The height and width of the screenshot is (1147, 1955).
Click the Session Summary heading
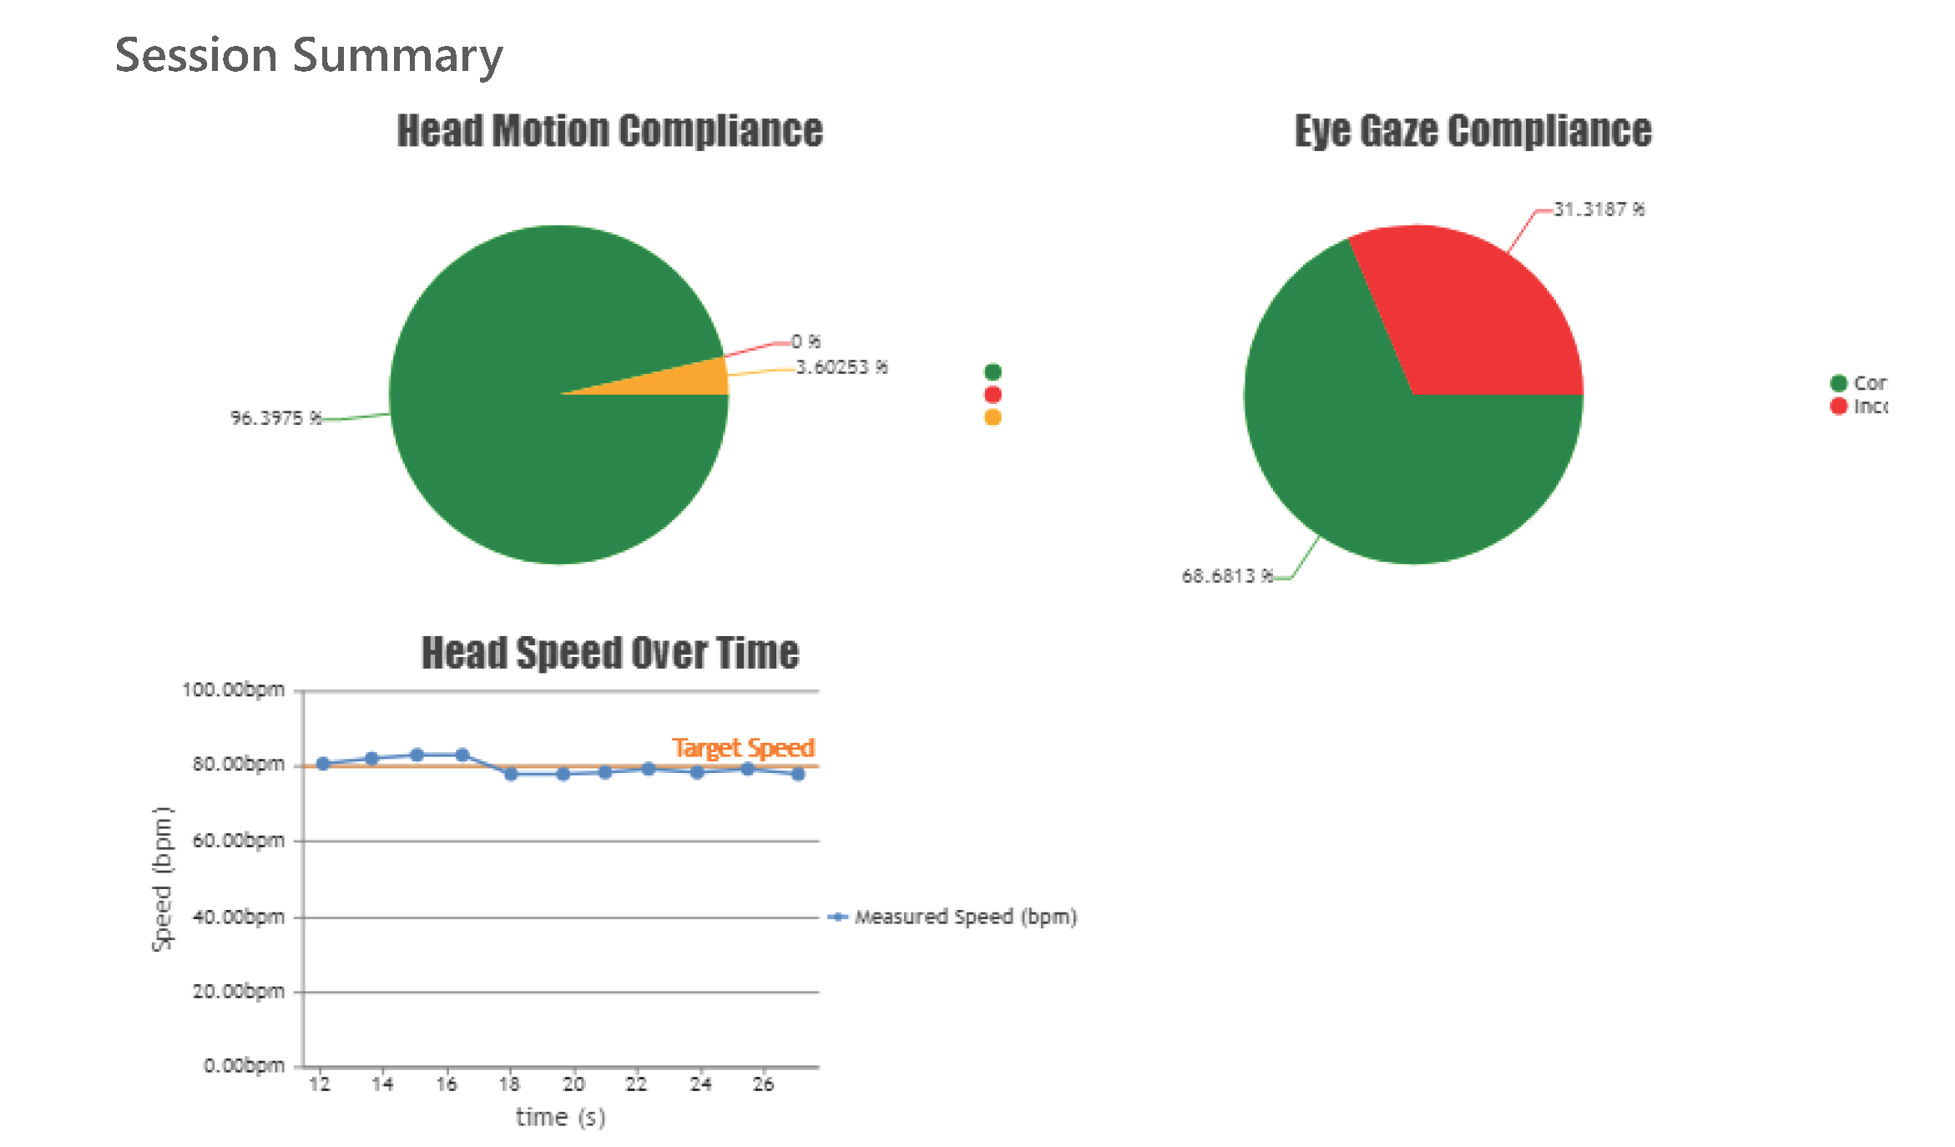coord(308,55)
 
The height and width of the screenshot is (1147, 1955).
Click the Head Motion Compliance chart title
coord(609,131)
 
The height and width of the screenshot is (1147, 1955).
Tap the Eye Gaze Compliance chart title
coord(1473,131)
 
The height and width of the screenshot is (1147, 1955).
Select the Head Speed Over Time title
coord(609,653)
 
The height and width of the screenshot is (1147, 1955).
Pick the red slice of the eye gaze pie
coord(1478,317)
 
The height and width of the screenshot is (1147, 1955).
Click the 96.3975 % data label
coord(275,417)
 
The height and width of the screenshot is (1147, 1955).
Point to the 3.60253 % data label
coord(841,367)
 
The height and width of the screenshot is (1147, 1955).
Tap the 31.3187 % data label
coord(1599,209)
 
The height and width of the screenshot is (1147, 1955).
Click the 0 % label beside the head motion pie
coord(806,341)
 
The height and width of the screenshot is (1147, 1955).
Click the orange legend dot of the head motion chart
coord(993,417)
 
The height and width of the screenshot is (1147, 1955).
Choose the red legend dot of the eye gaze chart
coord(1838,406)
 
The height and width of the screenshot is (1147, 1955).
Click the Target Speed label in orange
coord(743,747)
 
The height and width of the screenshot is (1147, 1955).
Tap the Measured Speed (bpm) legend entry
coord(964,917)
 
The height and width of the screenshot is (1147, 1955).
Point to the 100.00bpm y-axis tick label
coord(234,690)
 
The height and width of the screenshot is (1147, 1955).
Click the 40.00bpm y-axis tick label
coord(239,917)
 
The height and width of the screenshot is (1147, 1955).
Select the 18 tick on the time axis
coord(509,1084)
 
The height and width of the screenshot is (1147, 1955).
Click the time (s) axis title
coord(560,1117)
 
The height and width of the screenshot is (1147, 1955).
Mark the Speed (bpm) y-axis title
coord(162,878)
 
